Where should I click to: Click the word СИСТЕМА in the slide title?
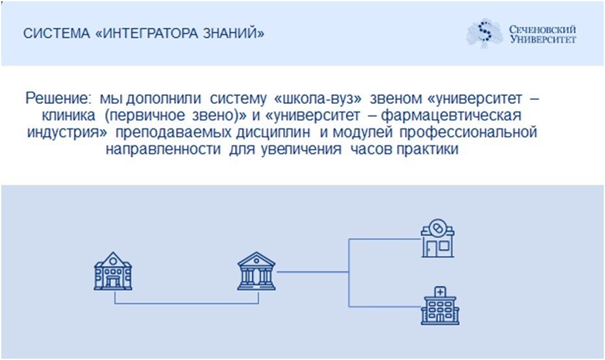pyautogui.click(x=56, y=34)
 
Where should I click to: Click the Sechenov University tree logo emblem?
pyautogui.click(x=485, y=33)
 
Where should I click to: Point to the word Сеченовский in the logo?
pyautogui.click(x=542, y=29)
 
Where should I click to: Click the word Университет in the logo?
pyautogui.click(x=543, y=39)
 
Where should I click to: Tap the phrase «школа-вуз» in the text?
pyautogui.click(x=317, y=99)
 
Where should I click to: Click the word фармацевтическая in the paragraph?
pyautogui.click(x=453, y=115)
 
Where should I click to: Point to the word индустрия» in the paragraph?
pyautogui.click(x=67, y=132)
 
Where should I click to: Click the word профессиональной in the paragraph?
pyautogui.click(x=468, y=132)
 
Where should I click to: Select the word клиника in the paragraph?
pyautogui.click(x=68, y=115)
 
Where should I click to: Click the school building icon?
pyautogui.click(x=113, y=271)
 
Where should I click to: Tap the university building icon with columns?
pyautogui.click(x=256, y=271)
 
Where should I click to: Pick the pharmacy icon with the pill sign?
pyautogui.click(x=438, y=238)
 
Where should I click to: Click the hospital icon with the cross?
pyautogui.click(x=440, y=306)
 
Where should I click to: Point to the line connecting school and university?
pyautogui.click(x=187, y=304)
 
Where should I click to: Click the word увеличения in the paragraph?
pyautogui.click(x=301, y=149)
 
